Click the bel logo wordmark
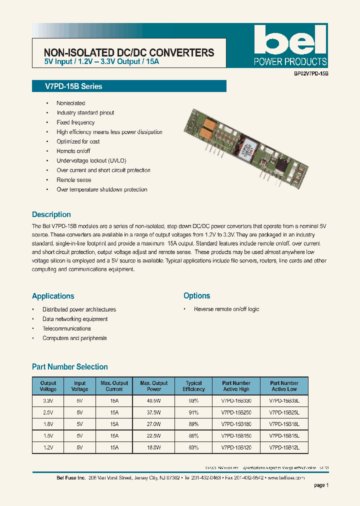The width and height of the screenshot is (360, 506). coord(290,40)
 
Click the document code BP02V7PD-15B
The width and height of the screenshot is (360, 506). coord(310,73)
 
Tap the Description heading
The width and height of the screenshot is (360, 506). coord(51,214)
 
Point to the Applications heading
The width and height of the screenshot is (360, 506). coord(53,296)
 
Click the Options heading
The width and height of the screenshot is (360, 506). coord(196,296)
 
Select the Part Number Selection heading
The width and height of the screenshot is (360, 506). coord(70,367)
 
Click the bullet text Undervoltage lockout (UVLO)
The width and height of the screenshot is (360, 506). coord(91,161)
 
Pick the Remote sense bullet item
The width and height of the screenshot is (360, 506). coord(74,180)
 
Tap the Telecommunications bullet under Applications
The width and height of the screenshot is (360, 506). coord(66,329)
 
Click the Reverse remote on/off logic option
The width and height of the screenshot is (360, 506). coord(226,309)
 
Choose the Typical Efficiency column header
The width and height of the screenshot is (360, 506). coord(193,386)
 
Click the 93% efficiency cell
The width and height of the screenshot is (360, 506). coord(193,400)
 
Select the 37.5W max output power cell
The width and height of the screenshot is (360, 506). coord(154,412)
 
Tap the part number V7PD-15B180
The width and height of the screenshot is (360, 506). coord(236,424)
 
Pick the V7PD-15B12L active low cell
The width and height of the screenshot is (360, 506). coord(284,447)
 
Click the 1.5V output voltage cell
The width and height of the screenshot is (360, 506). coord(48,436)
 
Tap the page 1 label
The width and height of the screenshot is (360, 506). coord(321,485)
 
